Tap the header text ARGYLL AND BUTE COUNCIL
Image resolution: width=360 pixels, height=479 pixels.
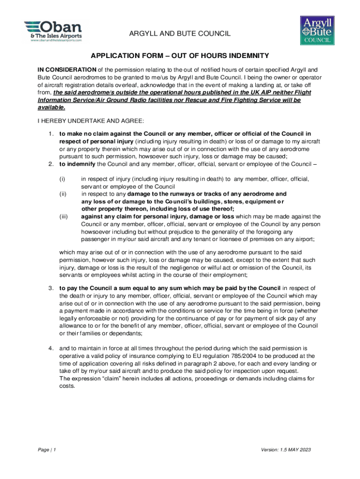tap(180, 34)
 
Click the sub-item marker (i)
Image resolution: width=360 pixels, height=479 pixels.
tap(61, 179)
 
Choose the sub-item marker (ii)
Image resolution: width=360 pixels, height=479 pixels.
tap(62, 194)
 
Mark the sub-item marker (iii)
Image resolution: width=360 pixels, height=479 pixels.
tap(63, 217)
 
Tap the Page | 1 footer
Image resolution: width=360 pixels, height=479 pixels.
tap(47, 450)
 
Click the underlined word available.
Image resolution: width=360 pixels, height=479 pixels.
tap(51, 107)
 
